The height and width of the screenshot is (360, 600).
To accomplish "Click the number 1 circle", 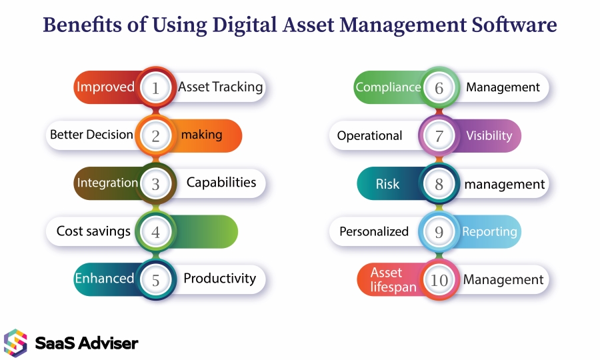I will pos(156,87).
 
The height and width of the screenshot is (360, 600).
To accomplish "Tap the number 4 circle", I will pos(156,232).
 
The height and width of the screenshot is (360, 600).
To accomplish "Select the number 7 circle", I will pos(439,136).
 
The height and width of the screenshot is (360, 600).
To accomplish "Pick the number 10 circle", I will pos(439,280).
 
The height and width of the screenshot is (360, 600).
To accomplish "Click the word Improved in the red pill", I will pos(105,87).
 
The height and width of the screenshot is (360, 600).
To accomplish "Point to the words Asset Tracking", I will pos(220,87).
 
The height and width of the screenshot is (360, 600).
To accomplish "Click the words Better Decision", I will pos(91,135).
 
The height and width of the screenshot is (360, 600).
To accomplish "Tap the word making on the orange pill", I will pos(201,135).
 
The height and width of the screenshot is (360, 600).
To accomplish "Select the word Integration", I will pos(107,183).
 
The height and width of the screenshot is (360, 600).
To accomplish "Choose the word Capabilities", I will pos(221,182).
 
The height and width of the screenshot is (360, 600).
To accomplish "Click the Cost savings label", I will pos(93,231).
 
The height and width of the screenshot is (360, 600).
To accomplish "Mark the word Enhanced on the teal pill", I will pos(104,279).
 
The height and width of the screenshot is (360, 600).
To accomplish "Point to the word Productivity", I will pos(219,279).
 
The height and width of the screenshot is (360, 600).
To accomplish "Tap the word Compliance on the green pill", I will pos(388,87).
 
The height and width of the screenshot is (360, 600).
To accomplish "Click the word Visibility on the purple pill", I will pos(489,135).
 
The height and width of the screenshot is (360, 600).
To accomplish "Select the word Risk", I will pos(387,184).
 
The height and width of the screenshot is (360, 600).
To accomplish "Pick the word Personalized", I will pos(374,231).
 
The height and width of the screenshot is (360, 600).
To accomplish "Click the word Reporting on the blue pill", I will pos(489,231).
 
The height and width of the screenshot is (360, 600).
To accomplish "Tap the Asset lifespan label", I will pos(393,280).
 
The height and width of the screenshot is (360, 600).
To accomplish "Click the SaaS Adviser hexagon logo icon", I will pos(15,343).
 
